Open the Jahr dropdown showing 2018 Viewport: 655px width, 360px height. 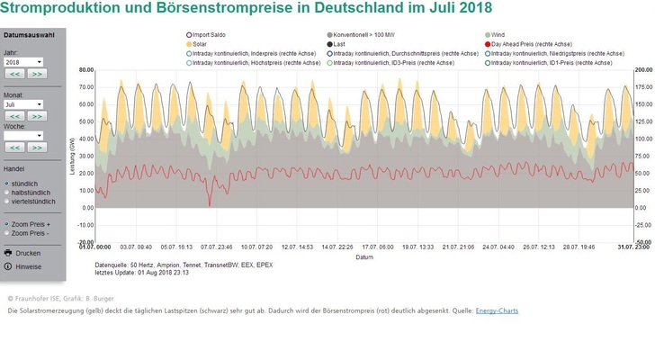24,62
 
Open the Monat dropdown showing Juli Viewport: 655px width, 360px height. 24,104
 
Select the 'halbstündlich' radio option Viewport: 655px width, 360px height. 8,192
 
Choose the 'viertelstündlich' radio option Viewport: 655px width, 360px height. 8,201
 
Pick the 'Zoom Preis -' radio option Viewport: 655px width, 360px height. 8,232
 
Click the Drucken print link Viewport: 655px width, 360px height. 27,253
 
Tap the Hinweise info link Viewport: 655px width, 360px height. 28,266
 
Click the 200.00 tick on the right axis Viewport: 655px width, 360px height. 642,69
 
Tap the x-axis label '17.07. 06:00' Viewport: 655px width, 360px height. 373,247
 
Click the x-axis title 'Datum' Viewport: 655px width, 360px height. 363,256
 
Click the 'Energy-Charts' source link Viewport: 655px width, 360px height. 497,310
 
